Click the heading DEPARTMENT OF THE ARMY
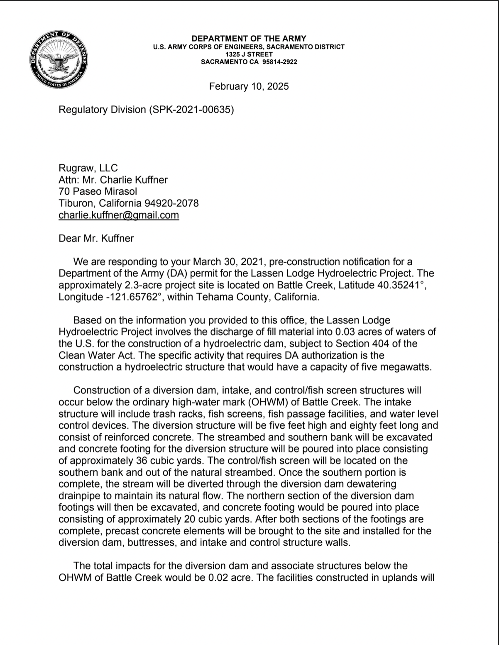pos(249,39)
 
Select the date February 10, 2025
pos(249,86)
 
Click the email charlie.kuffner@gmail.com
pos(119,215)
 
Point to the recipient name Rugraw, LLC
pos(88,168)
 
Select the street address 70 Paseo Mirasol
pos(98,191)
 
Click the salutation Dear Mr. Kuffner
pos(96,238)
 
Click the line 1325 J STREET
pos(249,54)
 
